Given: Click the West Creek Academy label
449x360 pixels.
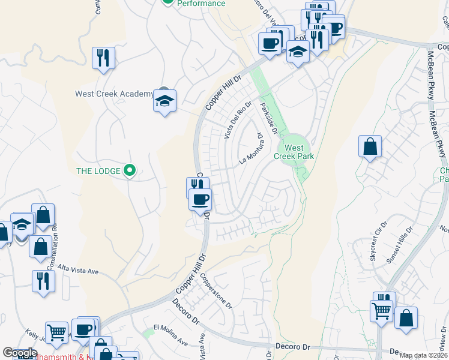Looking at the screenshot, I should click(114, 94).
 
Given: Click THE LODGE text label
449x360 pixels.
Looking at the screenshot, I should click(98, 171).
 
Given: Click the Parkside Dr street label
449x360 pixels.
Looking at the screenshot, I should click(267, 118).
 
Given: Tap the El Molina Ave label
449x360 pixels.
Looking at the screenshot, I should click(171, 335).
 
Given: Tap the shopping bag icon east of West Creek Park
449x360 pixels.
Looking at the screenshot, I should click(370, 146).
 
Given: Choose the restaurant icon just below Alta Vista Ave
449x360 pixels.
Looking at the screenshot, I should click(43, 281).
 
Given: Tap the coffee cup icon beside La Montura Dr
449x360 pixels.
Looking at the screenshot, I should click(200, 199).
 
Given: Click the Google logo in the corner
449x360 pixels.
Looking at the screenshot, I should click(19, 353).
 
